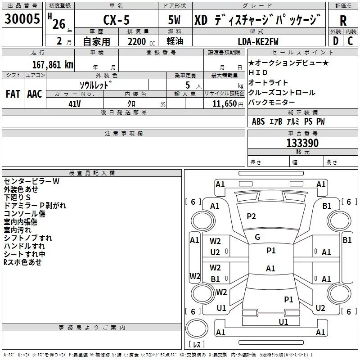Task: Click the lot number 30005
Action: click(x=22, y=19)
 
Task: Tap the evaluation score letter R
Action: click(x=343, y=21)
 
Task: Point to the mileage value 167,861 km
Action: click(x=53, y=64)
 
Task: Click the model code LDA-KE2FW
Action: click(x=258, y=41)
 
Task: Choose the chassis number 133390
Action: click(x=302, y=143)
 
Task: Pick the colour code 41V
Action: click(x=75, y=103)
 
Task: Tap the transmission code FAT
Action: click(x=13, y=94)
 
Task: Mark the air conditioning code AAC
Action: click(x=35, y=94)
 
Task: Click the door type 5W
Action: click(x=175, y=21)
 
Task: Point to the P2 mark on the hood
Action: click(x=251, y=216)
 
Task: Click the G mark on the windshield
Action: click(x=257, y=237)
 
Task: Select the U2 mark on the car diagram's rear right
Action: click(x=320, y=308)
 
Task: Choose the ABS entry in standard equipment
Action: click(x=258, y=121)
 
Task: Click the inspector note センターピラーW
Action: click(x=31, y=181)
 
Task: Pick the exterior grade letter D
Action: click(x=335, y=41)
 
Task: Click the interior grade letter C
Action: click(x=351, y=41)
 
